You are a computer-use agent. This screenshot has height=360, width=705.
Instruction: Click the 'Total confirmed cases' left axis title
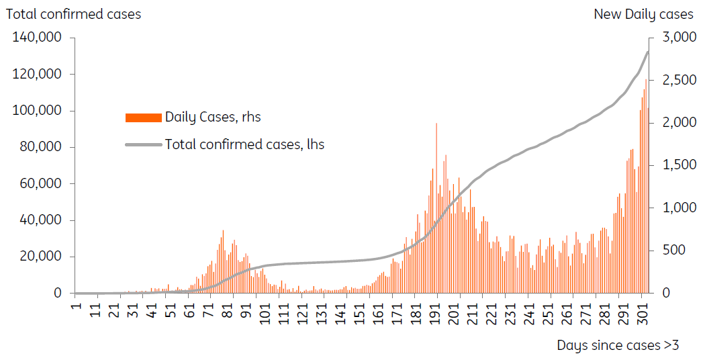[x=73, y=14]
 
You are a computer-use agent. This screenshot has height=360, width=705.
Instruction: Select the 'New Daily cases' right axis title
[x=643, y=14]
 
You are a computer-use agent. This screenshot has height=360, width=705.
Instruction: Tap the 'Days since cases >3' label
[x=618, y=345]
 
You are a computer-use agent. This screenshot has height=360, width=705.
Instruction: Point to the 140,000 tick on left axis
[x=37, y=38]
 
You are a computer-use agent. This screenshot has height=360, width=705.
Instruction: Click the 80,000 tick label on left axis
[x=40, y=147]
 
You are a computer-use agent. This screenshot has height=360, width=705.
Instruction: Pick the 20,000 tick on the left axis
[x=40, y=257]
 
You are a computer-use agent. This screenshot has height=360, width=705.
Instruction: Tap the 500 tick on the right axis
[x=674, y=251]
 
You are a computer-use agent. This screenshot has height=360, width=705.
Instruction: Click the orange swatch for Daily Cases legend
[x=143, y=118]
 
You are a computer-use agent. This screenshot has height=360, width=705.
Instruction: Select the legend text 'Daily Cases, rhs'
[x=213, y=117]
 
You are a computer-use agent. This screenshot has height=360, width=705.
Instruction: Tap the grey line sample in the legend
[x=143, y=144]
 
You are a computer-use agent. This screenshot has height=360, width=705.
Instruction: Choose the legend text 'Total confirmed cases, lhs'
[x=244, y=144]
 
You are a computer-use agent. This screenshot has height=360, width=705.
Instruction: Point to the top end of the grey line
[x=647, y=52]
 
